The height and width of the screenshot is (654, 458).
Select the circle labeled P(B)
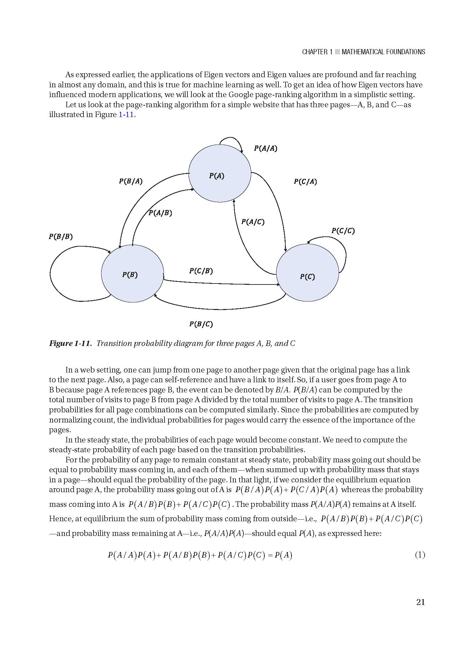132,273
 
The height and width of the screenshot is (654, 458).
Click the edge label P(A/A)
265,148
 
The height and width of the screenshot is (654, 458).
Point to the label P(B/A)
131,181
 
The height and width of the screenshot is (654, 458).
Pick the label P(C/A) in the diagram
305,181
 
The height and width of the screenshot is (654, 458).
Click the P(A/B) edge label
160,213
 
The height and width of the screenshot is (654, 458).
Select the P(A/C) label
253,222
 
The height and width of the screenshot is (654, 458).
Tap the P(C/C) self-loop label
343,231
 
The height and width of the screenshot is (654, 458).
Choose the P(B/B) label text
61,236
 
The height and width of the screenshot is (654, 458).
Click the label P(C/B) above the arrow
201,271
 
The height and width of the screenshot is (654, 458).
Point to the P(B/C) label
201,324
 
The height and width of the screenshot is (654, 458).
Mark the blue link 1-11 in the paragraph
126,115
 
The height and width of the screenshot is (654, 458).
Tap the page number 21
420,602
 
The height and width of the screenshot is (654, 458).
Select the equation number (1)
420,555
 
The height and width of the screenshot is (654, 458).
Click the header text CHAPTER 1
317,52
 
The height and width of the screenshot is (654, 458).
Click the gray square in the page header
337,52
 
